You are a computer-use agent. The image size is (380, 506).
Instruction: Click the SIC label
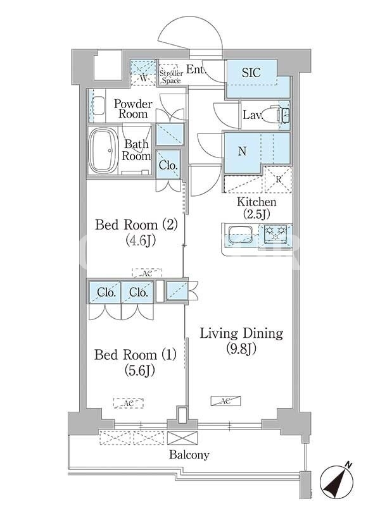pos(251,72)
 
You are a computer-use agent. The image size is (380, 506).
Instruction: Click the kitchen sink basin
pos(241,235)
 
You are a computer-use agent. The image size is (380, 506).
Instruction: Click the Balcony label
pos(189,455)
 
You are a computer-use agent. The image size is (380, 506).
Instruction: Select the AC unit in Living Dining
pos(225,401)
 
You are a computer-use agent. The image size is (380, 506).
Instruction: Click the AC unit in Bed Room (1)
pos(129,403)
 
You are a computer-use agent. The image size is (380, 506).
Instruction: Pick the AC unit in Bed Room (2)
pos(147,273)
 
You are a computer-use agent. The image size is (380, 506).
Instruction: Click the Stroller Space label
pos(171,77)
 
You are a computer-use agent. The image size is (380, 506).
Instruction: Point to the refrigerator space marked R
pos(278,180)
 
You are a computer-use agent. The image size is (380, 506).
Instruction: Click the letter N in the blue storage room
pos(242,151)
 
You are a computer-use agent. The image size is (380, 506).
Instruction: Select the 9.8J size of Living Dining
pos(241,349)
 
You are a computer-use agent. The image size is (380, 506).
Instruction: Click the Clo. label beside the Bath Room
pos(168,166)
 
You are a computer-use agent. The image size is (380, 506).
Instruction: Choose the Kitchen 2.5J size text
pos(256,214)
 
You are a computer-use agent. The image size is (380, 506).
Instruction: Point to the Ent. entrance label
pos(196,69)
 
